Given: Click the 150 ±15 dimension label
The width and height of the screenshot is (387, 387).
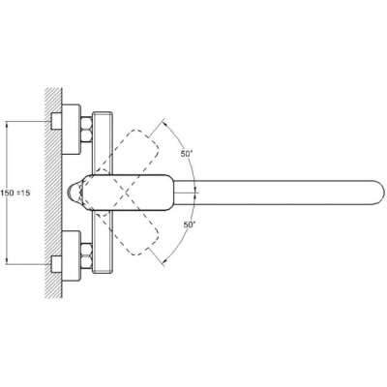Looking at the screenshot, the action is coord(15,193).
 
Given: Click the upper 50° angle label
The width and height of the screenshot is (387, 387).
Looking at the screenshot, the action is coord(187,154).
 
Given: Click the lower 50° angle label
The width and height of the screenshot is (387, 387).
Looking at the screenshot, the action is coord(190,224).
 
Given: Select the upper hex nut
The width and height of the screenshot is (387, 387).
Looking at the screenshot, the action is coord(86,130).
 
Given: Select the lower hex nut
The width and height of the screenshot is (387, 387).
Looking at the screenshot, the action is coord(86,256).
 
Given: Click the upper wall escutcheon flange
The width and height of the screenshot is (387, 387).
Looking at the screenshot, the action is coord(71,130).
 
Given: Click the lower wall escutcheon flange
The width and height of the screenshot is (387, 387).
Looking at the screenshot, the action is coord(71,256).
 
